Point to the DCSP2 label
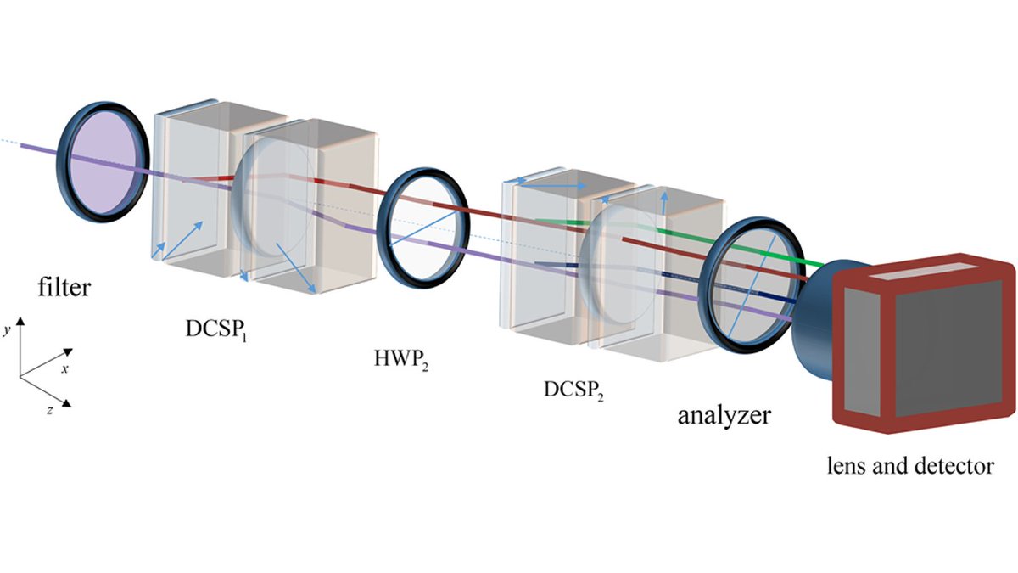tap(573, 390)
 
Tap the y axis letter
tap(6, 331)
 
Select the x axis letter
tap(64, 368)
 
